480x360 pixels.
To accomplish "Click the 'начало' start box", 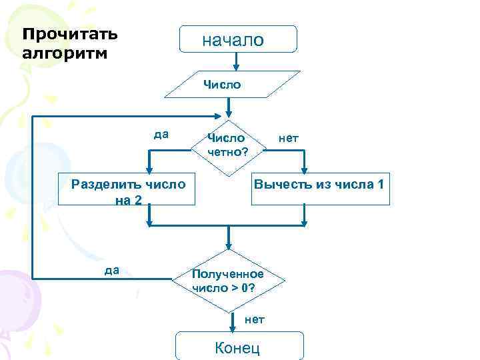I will [238, 39].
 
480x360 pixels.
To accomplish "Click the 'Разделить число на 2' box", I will [129, 191].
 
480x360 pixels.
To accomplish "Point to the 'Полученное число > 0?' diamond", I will [229, 281].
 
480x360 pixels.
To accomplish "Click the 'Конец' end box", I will [238, 347].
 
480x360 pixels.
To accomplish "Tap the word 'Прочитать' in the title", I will [70, 33].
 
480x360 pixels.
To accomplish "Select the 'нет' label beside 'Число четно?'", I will [288, 139].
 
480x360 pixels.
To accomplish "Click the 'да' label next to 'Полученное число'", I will [112, 270].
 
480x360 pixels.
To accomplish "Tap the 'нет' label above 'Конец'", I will [255, 319].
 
